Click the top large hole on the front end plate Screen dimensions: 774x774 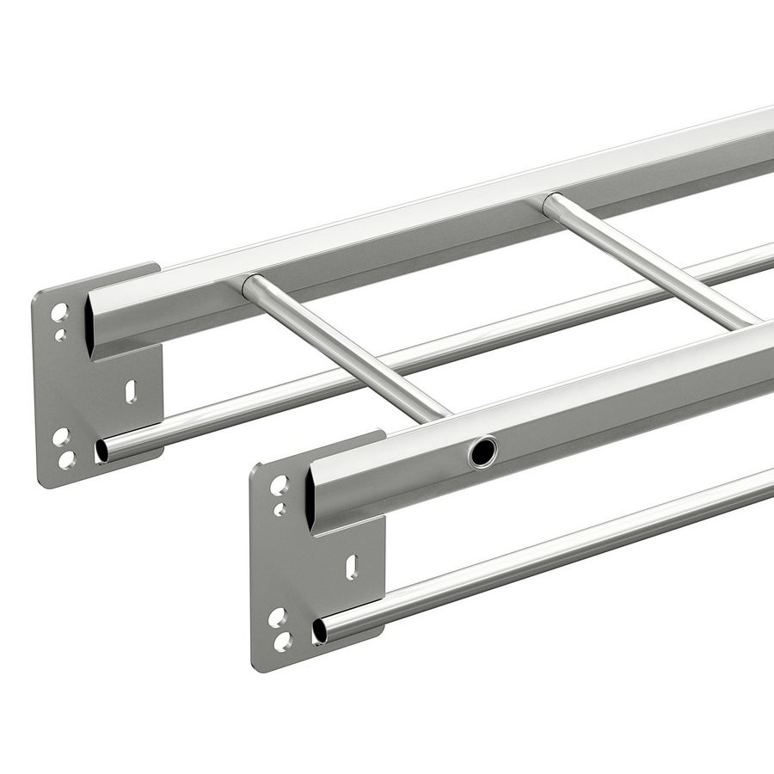coord(279,486)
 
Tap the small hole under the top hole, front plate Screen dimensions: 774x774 coord(279,510)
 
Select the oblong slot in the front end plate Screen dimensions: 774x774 coord(351,568)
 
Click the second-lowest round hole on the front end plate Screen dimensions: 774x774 coord(277,617)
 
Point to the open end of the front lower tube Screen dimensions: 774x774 coord(320,630)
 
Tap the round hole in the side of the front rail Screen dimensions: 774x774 coord(482,451)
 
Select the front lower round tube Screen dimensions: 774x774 coord(550,555)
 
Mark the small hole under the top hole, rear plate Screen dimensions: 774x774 coord(60,335)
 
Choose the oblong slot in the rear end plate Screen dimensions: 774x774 coord(131,391)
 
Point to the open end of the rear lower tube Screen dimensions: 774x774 coord(102,450)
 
